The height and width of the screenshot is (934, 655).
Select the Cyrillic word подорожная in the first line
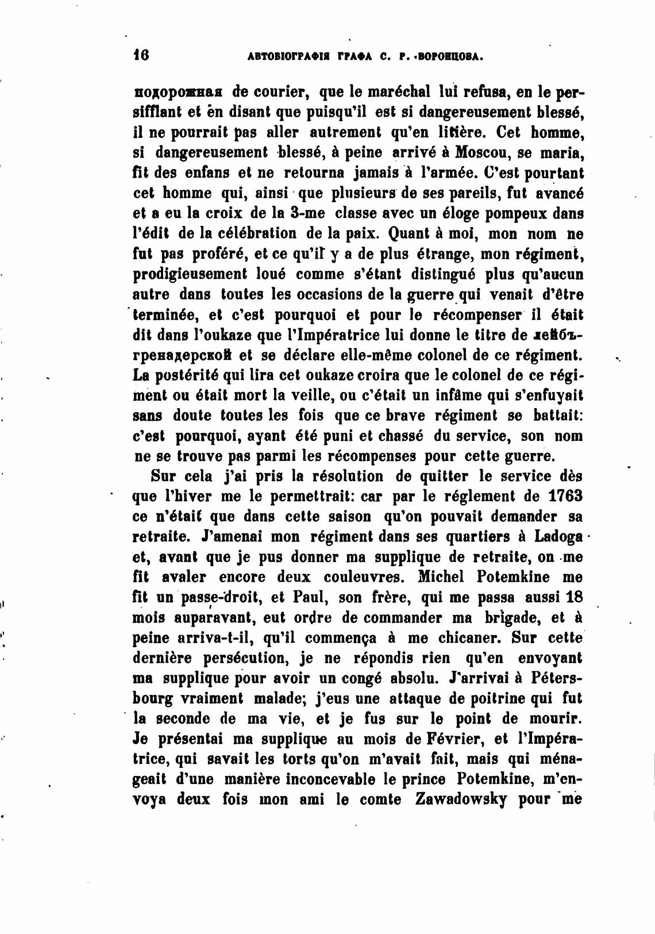[178, 91]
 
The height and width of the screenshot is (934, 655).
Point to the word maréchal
[401, 91]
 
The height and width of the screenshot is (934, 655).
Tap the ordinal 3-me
[307, 213]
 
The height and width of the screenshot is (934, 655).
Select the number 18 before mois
[574, 597]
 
